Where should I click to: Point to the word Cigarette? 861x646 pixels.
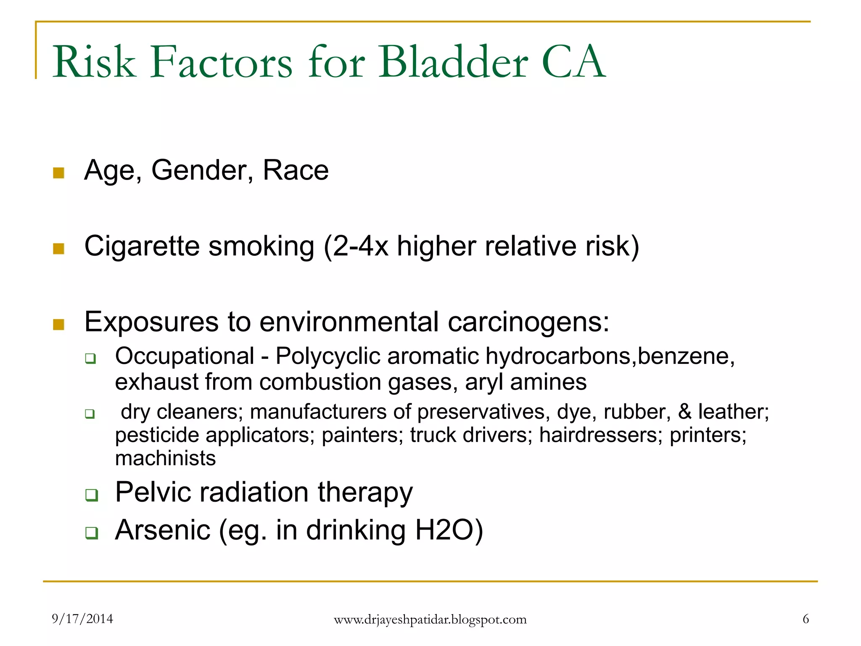point(142,246)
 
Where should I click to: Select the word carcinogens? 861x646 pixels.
point(528,322)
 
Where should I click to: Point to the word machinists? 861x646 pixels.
point(165,458)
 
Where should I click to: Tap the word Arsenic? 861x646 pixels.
point(163,530)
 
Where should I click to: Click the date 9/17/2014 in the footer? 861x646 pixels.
point(82,619)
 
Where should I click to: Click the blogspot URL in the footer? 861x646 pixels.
point(430,620)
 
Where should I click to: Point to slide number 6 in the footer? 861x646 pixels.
point(806,619)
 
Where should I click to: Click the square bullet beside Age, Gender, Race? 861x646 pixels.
point(59,173)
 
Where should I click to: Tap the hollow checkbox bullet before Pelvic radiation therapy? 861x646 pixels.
point(91,495)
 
